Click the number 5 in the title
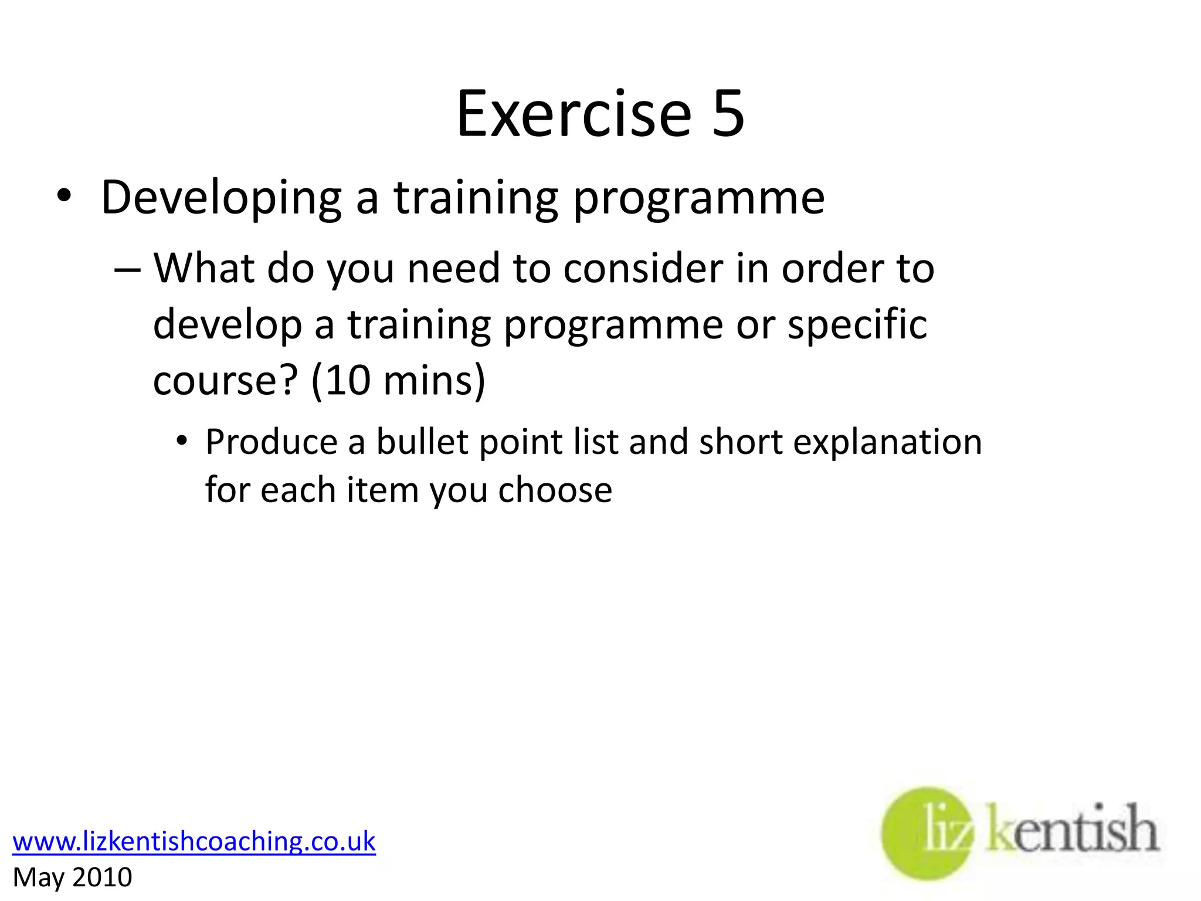727,114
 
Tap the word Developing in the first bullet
221,199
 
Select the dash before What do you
127,270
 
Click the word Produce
271,442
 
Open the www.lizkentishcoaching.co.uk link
194,841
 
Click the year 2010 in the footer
102,878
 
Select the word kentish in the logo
1072,830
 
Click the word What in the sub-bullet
203,269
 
